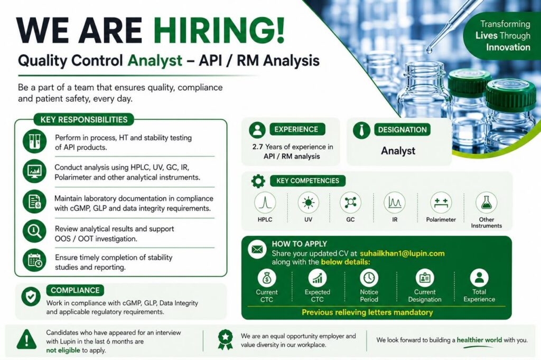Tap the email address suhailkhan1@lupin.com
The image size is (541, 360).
402,253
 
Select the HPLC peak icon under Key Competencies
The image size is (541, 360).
265,202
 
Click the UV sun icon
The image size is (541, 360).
308,202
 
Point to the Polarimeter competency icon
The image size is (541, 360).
441,202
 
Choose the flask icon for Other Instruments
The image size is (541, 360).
486,202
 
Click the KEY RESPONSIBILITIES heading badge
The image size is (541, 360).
84,120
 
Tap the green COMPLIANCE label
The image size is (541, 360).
75,290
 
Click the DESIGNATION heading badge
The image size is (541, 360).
402,130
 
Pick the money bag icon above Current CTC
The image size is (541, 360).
267,278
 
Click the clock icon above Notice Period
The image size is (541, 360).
369,278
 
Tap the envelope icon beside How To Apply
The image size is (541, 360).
257,249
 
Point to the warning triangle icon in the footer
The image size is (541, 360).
26,339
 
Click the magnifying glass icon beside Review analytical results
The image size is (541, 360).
34,231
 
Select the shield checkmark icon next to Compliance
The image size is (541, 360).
31,296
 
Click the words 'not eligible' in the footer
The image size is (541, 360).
63,350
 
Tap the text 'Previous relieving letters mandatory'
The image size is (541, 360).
367,312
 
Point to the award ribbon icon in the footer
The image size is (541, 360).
225,339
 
